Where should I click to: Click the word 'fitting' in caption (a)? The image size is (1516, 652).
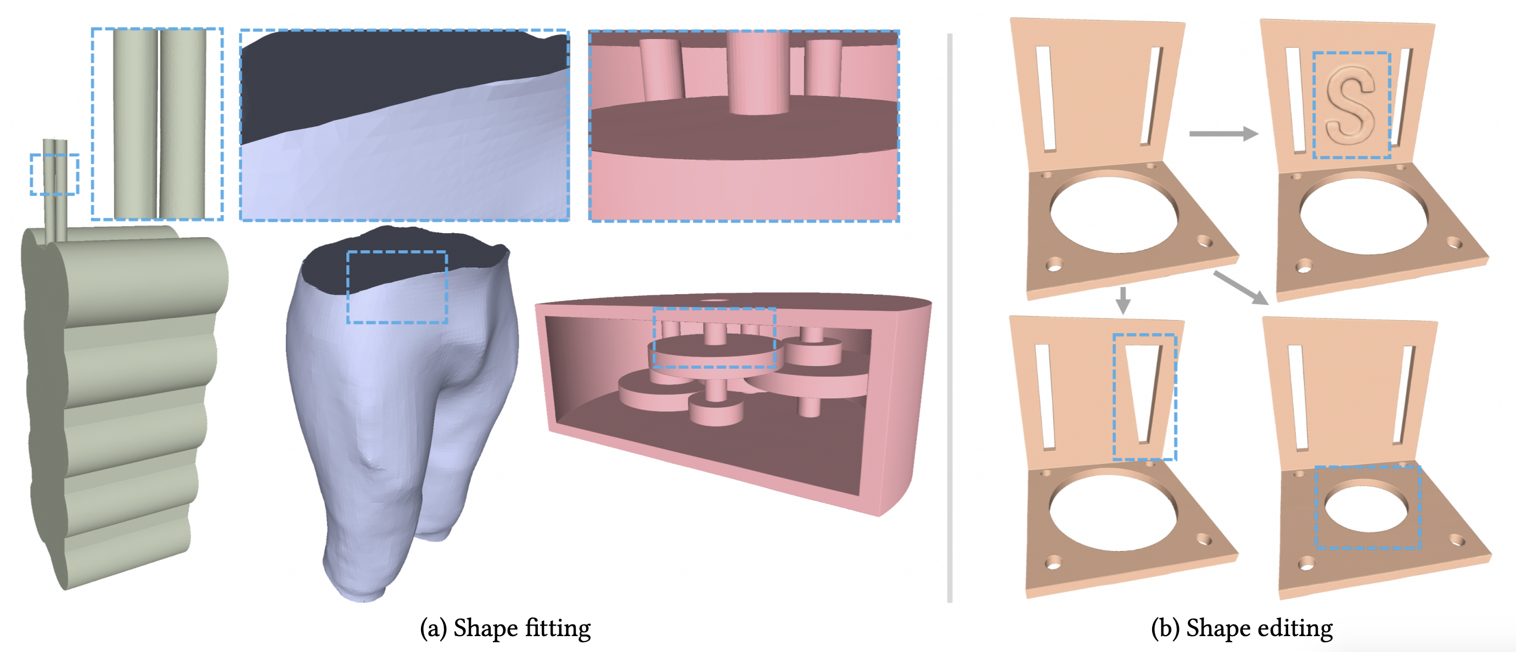pyautogui.click(x=558, y=628)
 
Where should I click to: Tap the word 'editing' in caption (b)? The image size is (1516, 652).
pyautogui.click(x=1296, y=628)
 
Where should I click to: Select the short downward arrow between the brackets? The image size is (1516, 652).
pyautogui.click(x=1123, y=300)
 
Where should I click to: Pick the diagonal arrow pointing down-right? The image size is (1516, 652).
pyautogui.click(x=1240, y=288)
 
